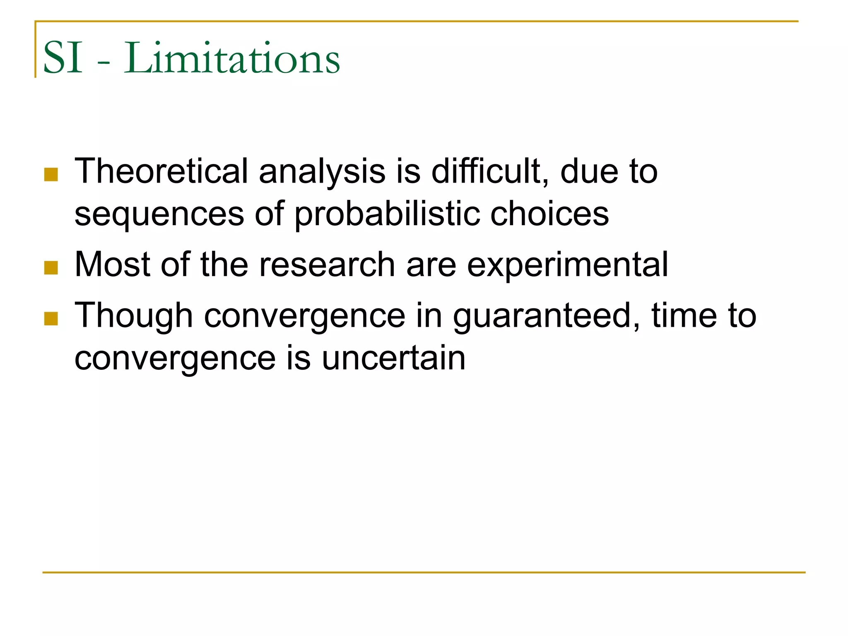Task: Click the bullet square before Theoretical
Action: tap(51, 174)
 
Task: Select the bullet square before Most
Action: tap(51, 267)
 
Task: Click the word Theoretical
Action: tap(161, 171)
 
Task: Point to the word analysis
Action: tap(322, 172)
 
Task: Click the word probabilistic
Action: tap(387, 214)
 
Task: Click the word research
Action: tap(327, 265)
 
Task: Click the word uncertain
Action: tap(393, 358)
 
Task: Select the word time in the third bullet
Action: tap(684, 316)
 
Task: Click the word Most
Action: tap(112, 265)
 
